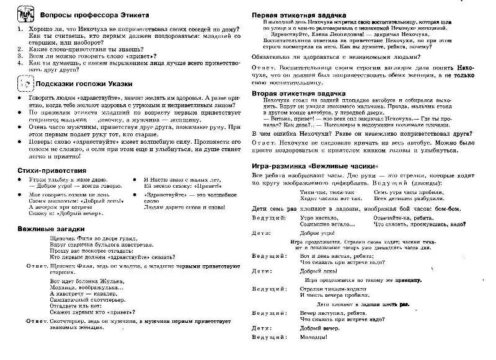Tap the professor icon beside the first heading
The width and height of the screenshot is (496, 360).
coord(24,13)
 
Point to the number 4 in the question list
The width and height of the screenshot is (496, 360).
coord(20,62)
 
